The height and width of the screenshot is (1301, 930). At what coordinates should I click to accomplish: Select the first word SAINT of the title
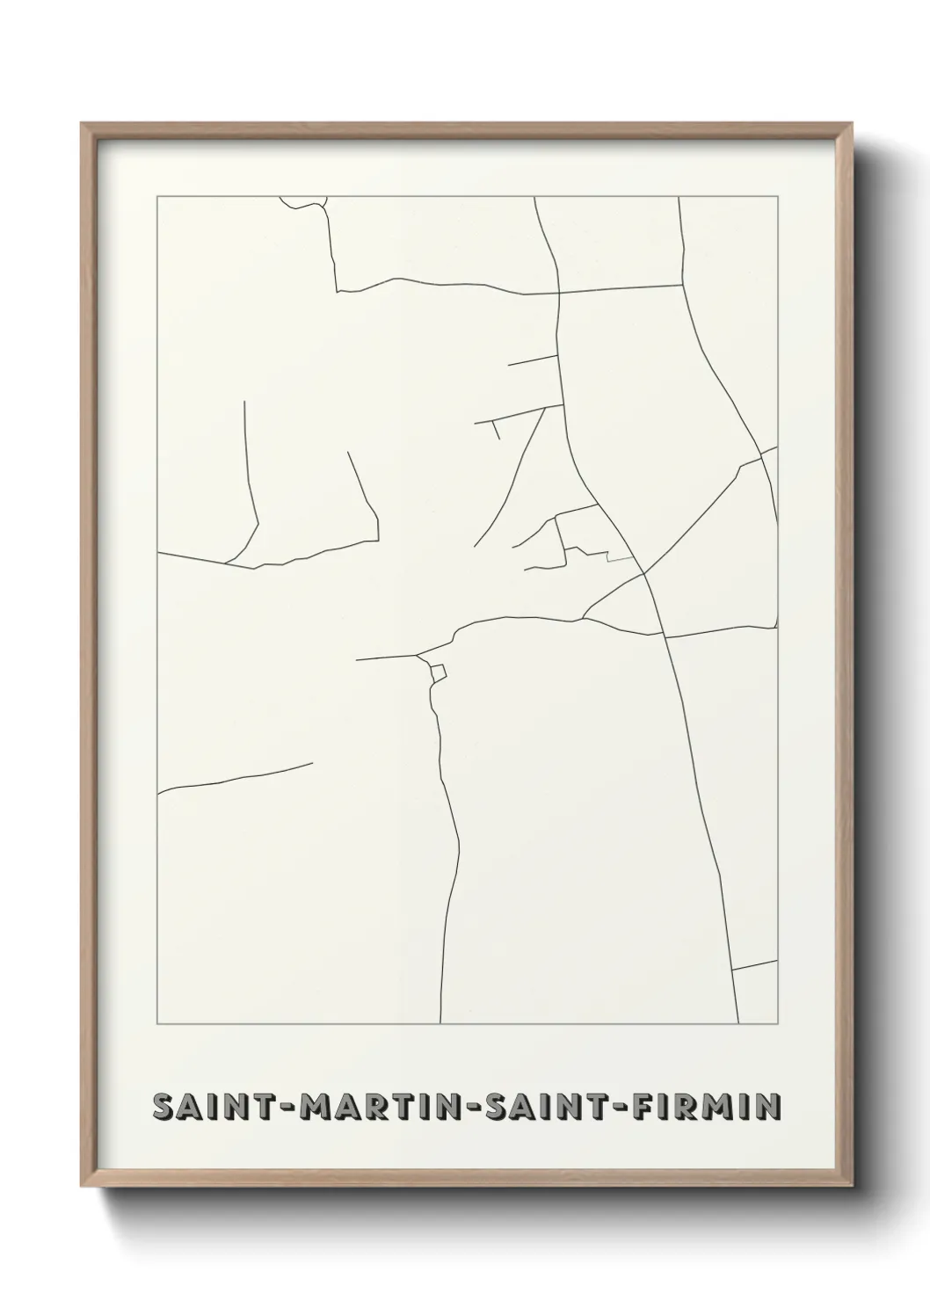(x=208, y=1108)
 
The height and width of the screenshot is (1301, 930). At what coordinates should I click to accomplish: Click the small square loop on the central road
(x=438, y=672)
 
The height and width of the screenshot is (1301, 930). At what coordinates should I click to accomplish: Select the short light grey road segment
(x=620, y=557)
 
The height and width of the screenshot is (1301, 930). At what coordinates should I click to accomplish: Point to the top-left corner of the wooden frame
(x=82, y=124)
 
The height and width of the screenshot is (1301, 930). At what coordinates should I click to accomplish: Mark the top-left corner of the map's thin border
(x=157, y=197)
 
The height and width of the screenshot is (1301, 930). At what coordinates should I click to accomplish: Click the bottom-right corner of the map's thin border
(x=778, y=1024)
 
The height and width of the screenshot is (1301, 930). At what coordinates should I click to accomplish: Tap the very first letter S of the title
(x=163, y=1108)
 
